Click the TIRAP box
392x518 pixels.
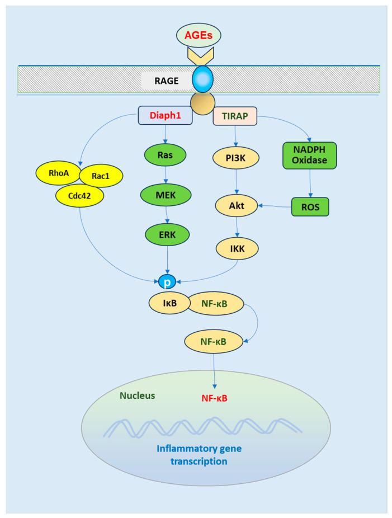point(235,116)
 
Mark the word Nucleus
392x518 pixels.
point(137,395)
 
